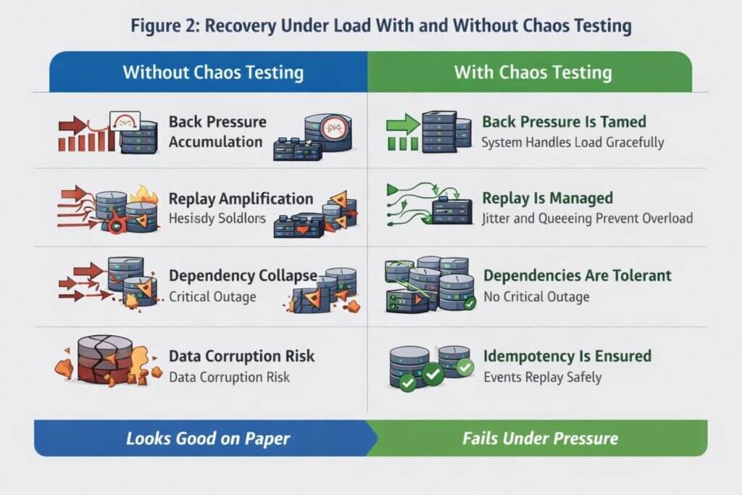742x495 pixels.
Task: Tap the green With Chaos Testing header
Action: (533, 72)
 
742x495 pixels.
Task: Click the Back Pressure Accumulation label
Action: (217, 131)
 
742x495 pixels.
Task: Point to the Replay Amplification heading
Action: (241, 199)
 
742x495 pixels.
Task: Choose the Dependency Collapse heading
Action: (243, 275)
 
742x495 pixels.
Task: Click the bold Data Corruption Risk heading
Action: (241, 356)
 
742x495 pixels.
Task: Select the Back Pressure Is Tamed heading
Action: (564, 122)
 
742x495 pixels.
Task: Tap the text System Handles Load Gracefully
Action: (572, 142)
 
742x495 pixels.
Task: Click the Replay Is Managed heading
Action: (548, 198)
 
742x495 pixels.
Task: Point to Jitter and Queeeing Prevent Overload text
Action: (588, 218)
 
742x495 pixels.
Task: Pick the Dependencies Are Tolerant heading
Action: (577, 275)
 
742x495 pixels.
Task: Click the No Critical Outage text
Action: (536, 296)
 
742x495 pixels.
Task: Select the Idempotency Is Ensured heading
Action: (567, 356)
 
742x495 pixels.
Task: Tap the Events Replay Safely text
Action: (543, 377)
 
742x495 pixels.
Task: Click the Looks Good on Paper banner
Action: (208, 438)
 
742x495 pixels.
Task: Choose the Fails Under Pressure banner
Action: (540, 438)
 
